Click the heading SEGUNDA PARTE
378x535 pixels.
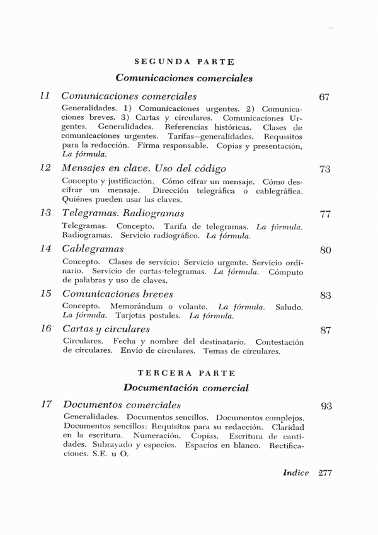pyautogui.click(x=185, y=62)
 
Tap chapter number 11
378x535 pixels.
pyautogui.click(x=44, y=96)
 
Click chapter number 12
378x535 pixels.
pyautogui.click(x=44, y=168)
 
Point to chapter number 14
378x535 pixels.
pyautogui.click(x=44, y=248)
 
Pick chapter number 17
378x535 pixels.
pyautogui.click(x=44, y=404)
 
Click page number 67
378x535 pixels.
pyautogui.click(x=325, y=98)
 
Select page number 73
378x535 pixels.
pyautogui.click(x=325, y=170)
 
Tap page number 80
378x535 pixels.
pyautogui.click(x=325, y=250)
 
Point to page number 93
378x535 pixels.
pyautogui.click(x=326, y=406)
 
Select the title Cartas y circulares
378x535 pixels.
pyautogui.click(x=106, y=329)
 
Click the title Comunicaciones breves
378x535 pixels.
pyautogui.click(x=118, y=294)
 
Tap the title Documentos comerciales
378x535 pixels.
pyautogui.click(x=122, y=404)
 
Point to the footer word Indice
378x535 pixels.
pyautogui.click(x=296, y=473)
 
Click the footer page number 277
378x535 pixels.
pyautogui.click(x=326, y=473)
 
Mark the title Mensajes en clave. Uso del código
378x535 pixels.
pyautogui.click(x=144, y=168)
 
